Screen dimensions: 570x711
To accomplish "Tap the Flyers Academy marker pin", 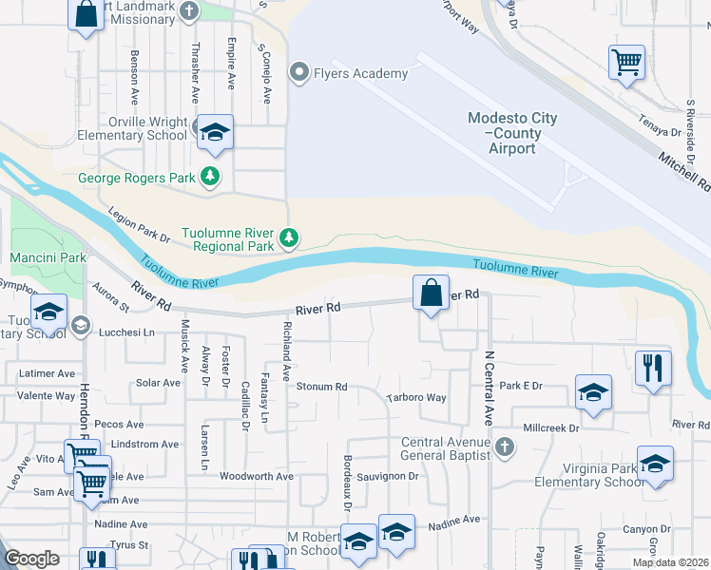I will pyautogui.click(x=299, y=73).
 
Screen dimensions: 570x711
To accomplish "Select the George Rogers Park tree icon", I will pyautogui.click(x=209, y=177).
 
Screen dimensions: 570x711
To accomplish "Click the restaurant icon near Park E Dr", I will pyautogui.click(x=653, y=367).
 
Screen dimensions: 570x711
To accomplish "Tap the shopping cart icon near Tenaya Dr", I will pyautogui.click(x=626, y=62).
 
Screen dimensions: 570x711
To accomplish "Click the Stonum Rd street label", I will pyautogui.click(x=321, y=388).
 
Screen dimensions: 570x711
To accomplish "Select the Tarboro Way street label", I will pyautogui.click(x=415, y=398).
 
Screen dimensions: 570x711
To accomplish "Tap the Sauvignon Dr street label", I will pyautogui.click(x=388, y=476).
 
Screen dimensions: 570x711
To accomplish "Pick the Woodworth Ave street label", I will pyautogui.click(x=257, y=476).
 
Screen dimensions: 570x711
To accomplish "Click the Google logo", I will pyautogui.click(x=31, y=559).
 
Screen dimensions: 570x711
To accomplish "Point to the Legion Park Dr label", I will pyautogui.click(x=138, y=226).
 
